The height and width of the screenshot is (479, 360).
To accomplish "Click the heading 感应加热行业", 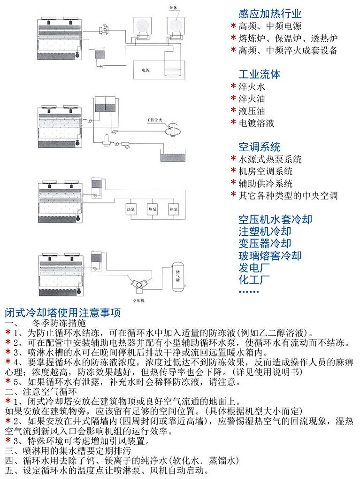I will pyautogui.click(x=269, y=14).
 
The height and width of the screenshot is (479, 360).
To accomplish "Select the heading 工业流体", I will pyautogui.click(x=259, y=74).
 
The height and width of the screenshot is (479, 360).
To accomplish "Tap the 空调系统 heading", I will pyautogui.click(x=259, y=146).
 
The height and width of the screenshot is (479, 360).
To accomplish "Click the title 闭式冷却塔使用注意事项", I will pyautogui.click(x=63, y=313).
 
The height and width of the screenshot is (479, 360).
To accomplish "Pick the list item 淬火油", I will pyautogui.click(x=252, y=99).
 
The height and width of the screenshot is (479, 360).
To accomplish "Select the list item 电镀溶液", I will pyautogui.click(x=257, y=123).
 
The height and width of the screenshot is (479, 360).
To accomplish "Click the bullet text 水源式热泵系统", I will pyautogui.click(x=270, y=159).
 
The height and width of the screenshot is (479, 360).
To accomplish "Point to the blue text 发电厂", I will pyautogui.click(x=254, y=268).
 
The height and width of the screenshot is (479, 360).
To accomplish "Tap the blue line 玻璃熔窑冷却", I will pyautogui.click(x=270, y=255).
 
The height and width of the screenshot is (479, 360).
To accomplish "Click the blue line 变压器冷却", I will pyautogui.click(x=265, y=243).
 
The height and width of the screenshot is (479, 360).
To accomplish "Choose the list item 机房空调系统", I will pyautogui.click(x=266, y=171).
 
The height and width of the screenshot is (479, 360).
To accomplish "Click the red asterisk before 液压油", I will pyautogui.click(x=233, y=111).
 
